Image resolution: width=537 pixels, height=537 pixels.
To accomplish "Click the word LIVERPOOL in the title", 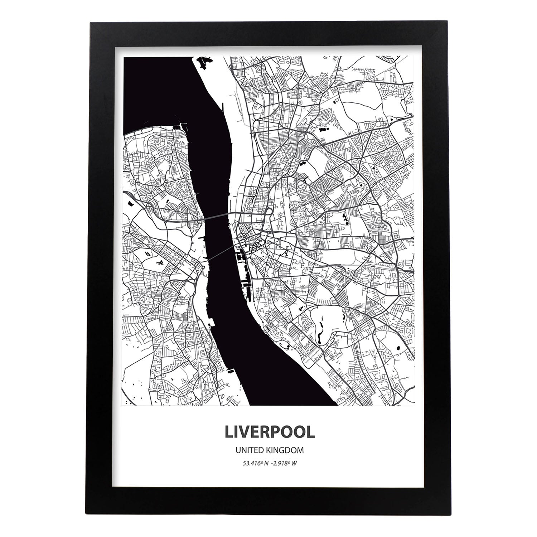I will point(270,432).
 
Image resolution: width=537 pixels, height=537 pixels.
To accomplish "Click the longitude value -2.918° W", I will point(285,463).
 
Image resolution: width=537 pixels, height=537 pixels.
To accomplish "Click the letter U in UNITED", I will point(237,450).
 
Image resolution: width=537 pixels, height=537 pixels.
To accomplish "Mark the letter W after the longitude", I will point(294,463).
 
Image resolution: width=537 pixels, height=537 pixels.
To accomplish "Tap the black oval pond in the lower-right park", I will point(398,347).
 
